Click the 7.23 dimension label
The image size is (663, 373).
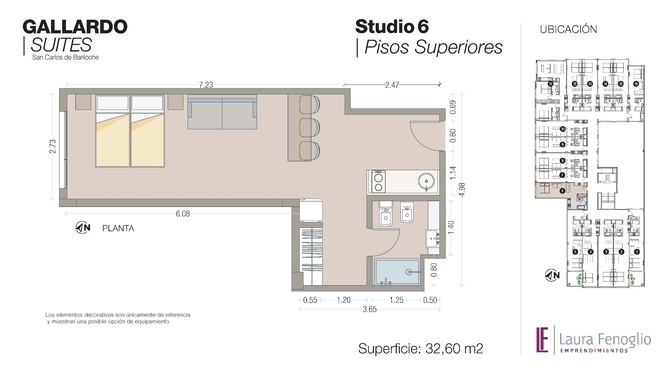pyautogui.click(x=206, y=85)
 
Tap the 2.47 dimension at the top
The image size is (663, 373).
pyautogui.click(x=392, y=85)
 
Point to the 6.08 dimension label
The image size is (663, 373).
pyautogui.click(x=183, y=214)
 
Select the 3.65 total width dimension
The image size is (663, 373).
pyautogui.click(x=369, y=309)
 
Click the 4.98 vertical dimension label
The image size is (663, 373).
pyautogui.click(x=462, y=189)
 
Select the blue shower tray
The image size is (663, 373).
pyautogui.click(x=397, y=272)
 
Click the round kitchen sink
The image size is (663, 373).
pyautogui.click(x=426, y=181)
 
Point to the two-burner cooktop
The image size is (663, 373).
pyautogui.click(x=379, y=181)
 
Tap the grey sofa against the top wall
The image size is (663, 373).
pyautogui.click(x=222, y=112)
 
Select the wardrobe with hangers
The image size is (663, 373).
pyautogui.click(x=312, y=256)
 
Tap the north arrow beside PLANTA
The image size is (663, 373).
pyautogui.click(x=83, y=227)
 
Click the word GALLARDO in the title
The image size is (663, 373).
pyautogui.click(x=75, y=27)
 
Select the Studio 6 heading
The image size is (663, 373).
pyautogui.click(x=392, y=27)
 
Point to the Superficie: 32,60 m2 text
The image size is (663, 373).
pyautogui.click(x=421, y=348)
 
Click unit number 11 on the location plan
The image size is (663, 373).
pyautogui.click(x=550, y=84)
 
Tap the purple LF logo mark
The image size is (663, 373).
pyautogui.click(x=542, y=339)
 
